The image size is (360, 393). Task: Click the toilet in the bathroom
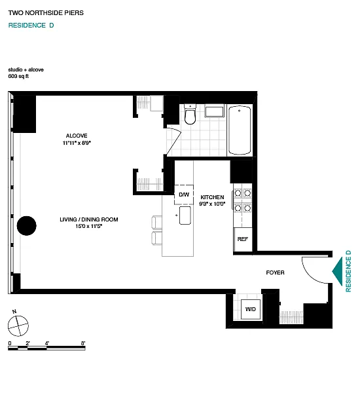click(x=190, y=114)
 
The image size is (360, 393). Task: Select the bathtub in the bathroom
click(x=240, y=130)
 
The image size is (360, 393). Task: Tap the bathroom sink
click(x=214, y=112)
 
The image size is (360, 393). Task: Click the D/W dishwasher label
click(x=184, y=195)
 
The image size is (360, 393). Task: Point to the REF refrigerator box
click(x=242, y=239)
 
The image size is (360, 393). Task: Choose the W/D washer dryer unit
click(x=251, y=309)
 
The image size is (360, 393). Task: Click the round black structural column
click(x=27, y=225)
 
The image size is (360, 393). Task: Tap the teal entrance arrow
click(x=337, y=271)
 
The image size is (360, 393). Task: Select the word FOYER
click(x=275, y=272)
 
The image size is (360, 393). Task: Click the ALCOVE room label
click(x=77, y=136)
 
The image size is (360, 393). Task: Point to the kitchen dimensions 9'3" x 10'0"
click(x=212, y=204)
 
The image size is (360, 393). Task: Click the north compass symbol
click(x=18, y=326)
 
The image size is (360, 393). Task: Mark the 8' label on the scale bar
click(x=83, y=343)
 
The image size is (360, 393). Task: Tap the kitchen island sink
click(x=185, y=215)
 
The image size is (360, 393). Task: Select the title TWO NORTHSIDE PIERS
click(x=46, y=13)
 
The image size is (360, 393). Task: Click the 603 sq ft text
click(x=18, y=76)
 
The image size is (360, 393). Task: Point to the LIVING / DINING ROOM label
click(x=89, y=219)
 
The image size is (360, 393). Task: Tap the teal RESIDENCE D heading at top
click(x=31, y=26)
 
